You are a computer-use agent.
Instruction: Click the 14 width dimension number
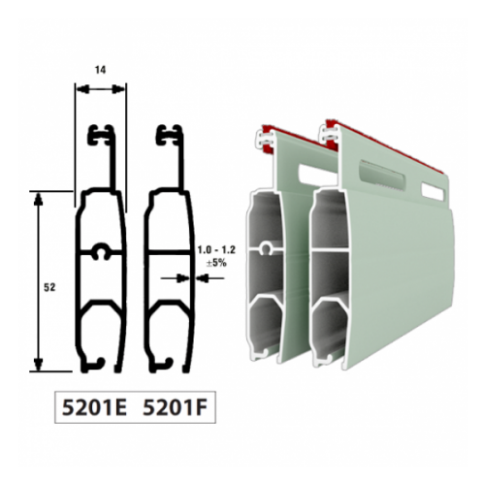(x=101, y=70)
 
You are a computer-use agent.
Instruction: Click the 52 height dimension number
(x=49, y=287)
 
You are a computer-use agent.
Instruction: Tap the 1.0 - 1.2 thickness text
(x=216, y=250)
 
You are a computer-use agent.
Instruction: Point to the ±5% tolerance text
(x=216, y=263)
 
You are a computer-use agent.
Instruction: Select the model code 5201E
(x=94, y=407)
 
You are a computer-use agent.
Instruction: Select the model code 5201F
(x=175, y=407)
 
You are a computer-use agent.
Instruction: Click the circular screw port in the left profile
(x=101, y=250)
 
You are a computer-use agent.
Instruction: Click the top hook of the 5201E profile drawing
(x=101, y=134)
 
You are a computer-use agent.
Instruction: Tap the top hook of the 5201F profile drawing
(x=169, y=134)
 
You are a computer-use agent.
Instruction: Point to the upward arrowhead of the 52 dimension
(x=39, y=200)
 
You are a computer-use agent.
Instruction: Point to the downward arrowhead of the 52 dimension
(x=39, y=364)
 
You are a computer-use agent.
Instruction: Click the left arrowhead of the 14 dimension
(x=83, y=89)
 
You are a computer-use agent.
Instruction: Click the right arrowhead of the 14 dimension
(x=118, y=89)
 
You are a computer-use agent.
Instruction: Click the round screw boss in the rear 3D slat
(x=266, y=248)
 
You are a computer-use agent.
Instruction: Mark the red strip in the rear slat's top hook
(x=267, y=139)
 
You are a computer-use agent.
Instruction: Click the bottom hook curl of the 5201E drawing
(x=98, y=363)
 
